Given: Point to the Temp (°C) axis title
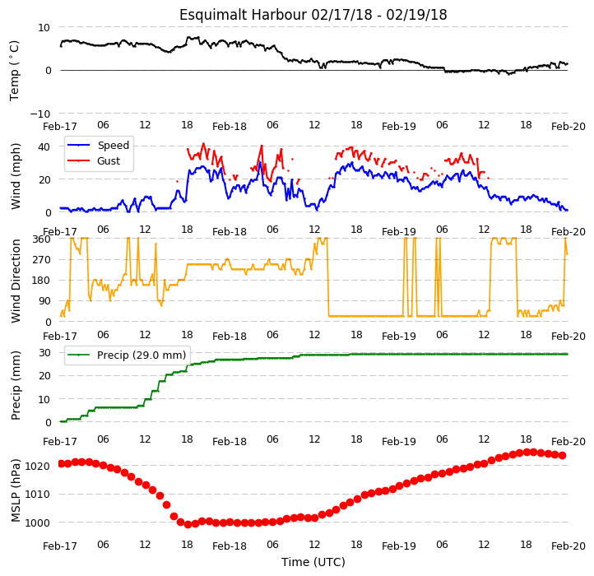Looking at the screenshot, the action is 14,71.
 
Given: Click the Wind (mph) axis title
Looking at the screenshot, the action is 15,176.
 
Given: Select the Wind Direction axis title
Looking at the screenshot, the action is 15,281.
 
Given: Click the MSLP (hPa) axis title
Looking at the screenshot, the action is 15,490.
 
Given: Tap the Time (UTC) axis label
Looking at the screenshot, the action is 313,562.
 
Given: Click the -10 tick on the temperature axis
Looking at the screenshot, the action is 40,114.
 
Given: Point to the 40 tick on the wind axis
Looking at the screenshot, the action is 44,146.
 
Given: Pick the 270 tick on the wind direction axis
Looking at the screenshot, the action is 42,260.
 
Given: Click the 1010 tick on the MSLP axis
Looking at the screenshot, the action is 38,495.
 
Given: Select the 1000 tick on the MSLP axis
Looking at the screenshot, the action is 38,523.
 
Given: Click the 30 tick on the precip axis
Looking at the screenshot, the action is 44,353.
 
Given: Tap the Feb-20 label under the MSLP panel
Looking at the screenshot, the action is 568,546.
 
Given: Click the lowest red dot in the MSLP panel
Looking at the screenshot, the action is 188,524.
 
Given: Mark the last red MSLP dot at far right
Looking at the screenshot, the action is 563,456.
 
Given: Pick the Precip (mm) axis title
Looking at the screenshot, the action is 15,386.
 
